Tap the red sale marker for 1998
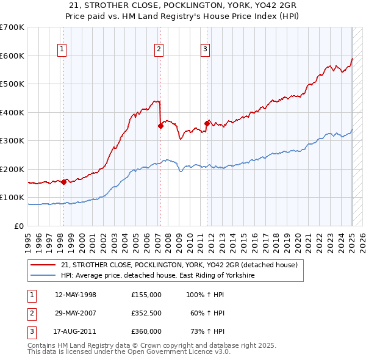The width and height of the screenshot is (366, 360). pyautogui.click(x=63, y=181)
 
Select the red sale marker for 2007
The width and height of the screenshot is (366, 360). pyautogui.click(x=160, y=126)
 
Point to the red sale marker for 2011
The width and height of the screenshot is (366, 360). pyautogui.click(x=207, y=124)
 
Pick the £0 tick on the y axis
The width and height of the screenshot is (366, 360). pyautogui.click(x=20, y=226)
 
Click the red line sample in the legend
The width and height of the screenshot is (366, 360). pyautogui.click(x=45, y=265)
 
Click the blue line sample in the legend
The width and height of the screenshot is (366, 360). pyautogui.click(x=45, y=275)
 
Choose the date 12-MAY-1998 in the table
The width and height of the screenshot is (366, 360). pyautogui.click(x=75, y=295)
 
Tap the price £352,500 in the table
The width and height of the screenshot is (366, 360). pyautogui.click(x=146, y=313)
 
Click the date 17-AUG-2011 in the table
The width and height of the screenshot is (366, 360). pyautogui.click(x=75, y=331)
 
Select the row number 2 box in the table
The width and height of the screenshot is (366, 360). pyautogui.click(x=30, y=313)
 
